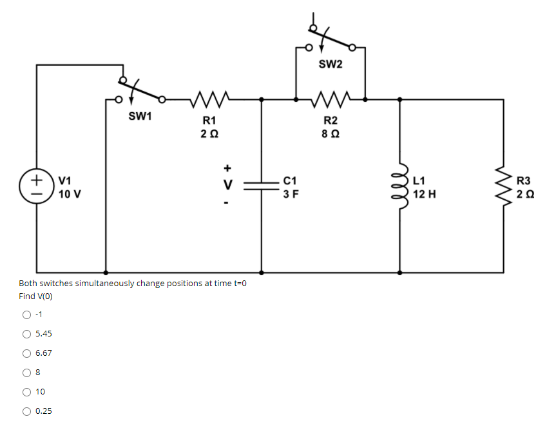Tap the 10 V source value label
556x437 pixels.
point(69,193)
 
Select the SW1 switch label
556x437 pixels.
point(140,117)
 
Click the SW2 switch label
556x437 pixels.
point(331,64)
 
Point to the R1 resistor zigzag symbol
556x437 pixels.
point(209,99)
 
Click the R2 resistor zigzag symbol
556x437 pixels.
point(331,99)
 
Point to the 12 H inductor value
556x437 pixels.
point(425,193)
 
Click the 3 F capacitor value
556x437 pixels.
point(290,193)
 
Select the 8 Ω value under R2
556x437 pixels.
point(331,134)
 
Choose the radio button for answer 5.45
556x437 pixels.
point(26,334)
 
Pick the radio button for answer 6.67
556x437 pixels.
point(26,353)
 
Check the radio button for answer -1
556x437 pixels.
point(26,315)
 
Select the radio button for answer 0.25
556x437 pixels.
point(26,411)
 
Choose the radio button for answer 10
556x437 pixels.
point(26,392)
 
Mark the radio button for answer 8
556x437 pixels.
point(26,373)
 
